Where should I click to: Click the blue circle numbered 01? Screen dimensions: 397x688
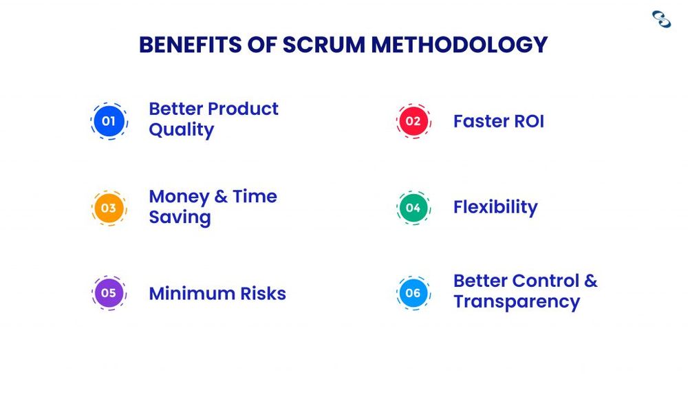(109, 122)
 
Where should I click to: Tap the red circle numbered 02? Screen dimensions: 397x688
(413, 122)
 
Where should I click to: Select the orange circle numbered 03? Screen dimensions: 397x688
(109, 208)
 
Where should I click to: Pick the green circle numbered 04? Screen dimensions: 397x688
(413, 208)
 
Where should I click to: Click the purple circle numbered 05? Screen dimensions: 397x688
(109, 293)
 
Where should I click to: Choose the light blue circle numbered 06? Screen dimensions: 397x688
(413, 293)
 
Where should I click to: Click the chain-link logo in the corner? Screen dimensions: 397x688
(661, 19)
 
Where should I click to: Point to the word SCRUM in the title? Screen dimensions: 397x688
(321, 45)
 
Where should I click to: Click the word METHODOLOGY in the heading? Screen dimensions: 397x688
(460, 45)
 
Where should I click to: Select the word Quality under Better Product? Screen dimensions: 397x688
(181, 130)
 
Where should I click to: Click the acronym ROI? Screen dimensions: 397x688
(527, 122)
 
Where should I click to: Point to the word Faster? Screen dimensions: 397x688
(480, 122)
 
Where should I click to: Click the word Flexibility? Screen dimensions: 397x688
(495, 207)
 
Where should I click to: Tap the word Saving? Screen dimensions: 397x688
(180, 217)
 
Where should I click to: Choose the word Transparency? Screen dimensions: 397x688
(517, 302)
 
